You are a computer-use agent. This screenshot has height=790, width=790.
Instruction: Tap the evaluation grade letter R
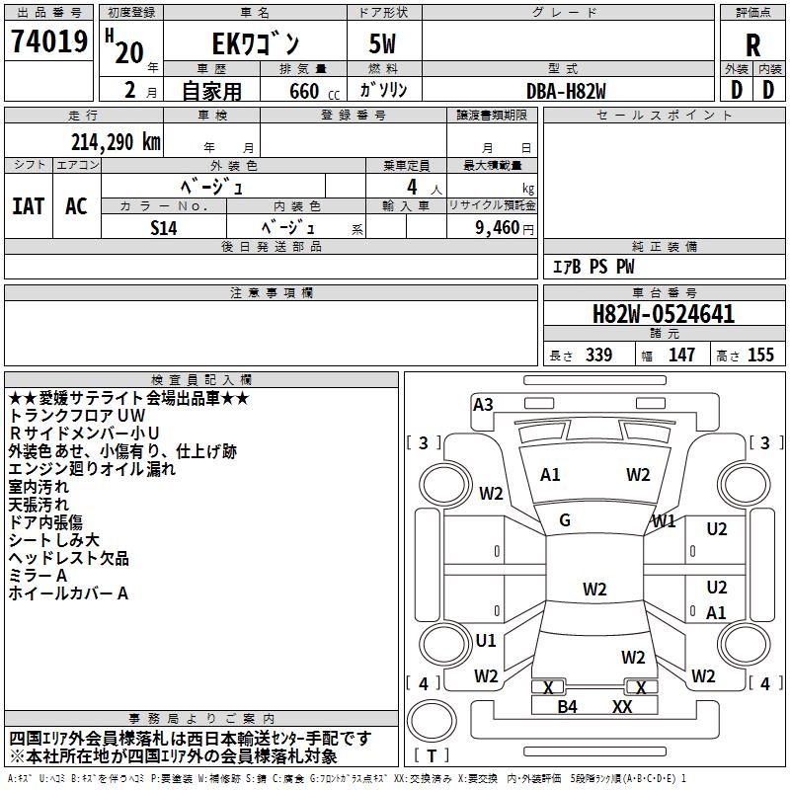[752, 45]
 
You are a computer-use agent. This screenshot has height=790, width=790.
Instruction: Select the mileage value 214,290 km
[116, 141]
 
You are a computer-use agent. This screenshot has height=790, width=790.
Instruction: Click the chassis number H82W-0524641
[663, 315]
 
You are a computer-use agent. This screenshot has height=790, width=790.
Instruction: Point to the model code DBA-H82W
[566, 90]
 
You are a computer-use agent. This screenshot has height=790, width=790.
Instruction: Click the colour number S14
[164, 226]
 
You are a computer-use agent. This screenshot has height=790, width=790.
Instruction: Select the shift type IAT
[29, 205]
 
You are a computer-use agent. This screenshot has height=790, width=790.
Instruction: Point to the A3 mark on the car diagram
[483, 404]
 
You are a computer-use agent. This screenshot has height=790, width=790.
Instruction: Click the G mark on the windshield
[565, 520]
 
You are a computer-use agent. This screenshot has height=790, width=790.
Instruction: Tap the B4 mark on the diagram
[567, 706]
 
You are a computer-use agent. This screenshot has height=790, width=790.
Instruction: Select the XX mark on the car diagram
[622, 706]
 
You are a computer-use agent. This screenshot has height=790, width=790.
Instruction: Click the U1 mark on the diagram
[486, 640]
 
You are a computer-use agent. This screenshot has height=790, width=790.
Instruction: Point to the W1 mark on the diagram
[664, 520]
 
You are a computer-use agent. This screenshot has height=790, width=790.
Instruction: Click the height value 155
[760, 355]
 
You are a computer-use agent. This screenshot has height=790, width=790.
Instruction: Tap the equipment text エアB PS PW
[592, 267]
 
